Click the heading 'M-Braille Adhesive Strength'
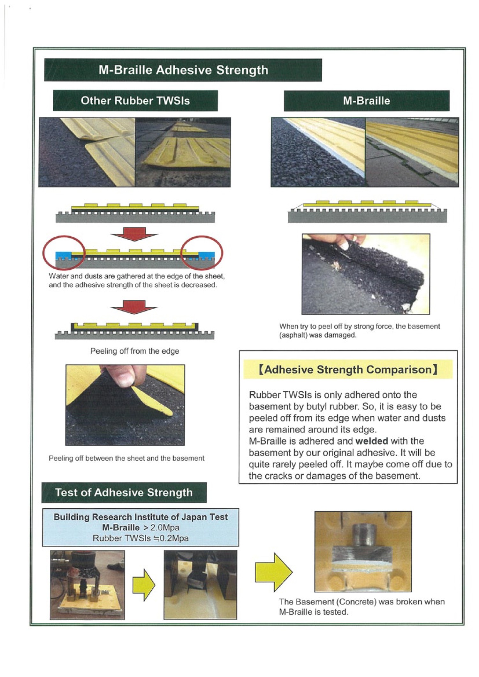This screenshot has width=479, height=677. (183, 70)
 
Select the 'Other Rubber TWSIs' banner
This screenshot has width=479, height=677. (135, 101)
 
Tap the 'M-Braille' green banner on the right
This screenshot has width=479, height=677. (366, 101)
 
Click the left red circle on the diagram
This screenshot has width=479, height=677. (64, 253)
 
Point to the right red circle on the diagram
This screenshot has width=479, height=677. (201, 253)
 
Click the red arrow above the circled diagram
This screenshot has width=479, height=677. (134, 234)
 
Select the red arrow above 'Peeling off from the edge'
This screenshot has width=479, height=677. (134, 306)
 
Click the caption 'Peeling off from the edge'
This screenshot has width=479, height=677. (134, 351)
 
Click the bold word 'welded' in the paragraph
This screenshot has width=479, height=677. (371, 441)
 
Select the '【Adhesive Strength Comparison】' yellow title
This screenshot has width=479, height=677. (348, 370)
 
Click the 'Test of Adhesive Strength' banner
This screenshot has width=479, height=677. (124, 492)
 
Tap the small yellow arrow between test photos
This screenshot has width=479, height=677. (144, 585)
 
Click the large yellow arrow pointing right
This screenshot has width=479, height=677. (273, 572)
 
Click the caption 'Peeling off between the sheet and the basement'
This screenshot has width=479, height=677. (126, 458)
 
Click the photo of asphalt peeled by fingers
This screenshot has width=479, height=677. (366, 274)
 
